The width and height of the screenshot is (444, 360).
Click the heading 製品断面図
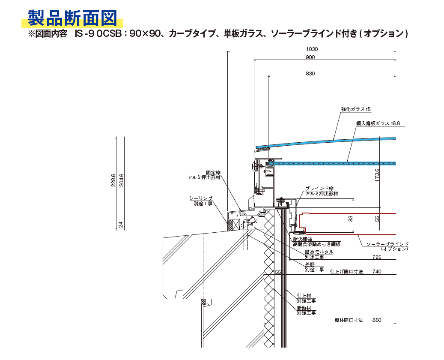(72, 18)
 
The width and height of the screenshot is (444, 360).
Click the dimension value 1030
(312, 49)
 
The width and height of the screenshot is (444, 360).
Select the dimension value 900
(310, 57)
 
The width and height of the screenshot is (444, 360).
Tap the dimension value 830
(310, 74)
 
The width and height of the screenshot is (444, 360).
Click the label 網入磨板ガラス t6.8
(378, 123)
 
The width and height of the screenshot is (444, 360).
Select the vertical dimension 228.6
(113, 180)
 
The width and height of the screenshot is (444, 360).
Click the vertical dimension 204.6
(121, 180)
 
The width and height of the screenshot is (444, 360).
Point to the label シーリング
(201, 198)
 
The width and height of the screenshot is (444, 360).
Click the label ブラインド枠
(319, 189)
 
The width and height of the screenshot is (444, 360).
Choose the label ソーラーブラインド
(384, 244)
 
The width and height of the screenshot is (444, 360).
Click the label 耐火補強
(302, 239)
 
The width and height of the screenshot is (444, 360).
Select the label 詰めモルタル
(319, 252)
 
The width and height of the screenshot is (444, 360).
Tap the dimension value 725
(377, 257)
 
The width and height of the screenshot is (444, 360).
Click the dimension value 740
(377, 272)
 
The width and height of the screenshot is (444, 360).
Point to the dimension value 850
(377, 320)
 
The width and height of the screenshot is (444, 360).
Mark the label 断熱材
(303, 308)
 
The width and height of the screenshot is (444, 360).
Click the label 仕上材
(303, 296)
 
